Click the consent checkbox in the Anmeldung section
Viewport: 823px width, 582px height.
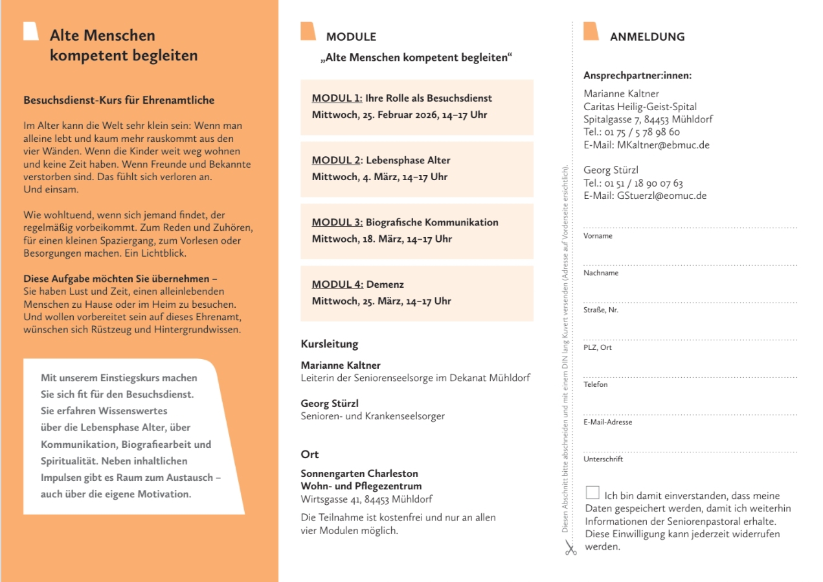click(x=592, y=493)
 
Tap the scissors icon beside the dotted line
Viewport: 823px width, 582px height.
click(x=570, y=548)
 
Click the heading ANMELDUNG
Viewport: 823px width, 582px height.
click(x=647, y=37)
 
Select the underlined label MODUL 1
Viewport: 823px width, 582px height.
click(x=337, y=99)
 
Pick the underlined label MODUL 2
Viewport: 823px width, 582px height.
click(x=337, y=160)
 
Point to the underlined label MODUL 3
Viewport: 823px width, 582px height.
click(x=337, y=222)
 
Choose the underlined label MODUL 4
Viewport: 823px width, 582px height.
click(x=337, y=285)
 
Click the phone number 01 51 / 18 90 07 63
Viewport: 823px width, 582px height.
click(x=644, y=183)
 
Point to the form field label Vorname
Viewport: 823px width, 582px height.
click(x=598, y=236)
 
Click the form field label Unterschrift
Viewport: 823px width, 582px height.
click(x=603, y=459)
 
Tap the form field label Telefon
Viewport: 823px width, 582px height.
click(x=596, y=384)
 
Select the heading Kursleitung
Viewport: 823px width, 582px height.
click(x=330, y=344)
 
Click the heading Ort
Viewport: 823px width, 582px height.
click(x=310, y=454)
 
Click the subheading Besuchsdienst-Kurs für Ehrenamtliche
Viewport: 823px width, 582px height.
click(x=119, y=100)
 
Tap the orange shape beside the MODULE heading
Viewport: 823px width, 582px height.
click(x=308, y=31)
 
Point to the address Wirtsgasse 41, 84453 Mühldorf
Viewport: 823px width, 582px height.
click(x=366, y=499)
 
